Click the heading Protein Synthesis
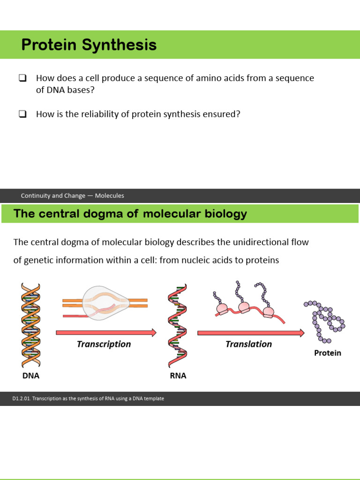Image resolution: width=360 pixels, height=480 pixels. point(89,45)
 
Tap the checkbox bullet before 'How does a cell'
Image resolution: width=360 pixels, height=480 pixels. point(22,78)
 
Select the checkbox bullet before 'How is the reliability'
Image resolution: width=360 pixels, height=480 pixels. point(22,114)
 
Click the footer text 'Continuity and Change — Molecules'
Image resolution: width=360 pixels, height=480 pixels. point(73,195)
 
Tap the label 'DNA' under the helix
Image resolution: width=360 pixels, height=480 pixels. point(31,375)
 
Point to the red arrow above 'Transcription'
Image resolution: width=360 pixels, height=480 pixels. point(106,332)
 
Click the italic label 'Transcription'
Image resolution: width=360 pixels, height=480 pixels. point(104,344)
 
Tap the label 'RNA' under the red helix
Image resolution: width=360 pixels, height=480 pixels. point(178,375)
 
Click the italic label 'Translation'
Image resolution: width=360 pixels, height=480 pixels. point(248,344)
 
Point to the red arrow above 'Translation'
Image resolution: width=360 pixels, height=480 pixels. point(251,332)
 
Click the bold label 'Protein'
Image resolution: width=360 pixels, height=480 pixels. point(328,353)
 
